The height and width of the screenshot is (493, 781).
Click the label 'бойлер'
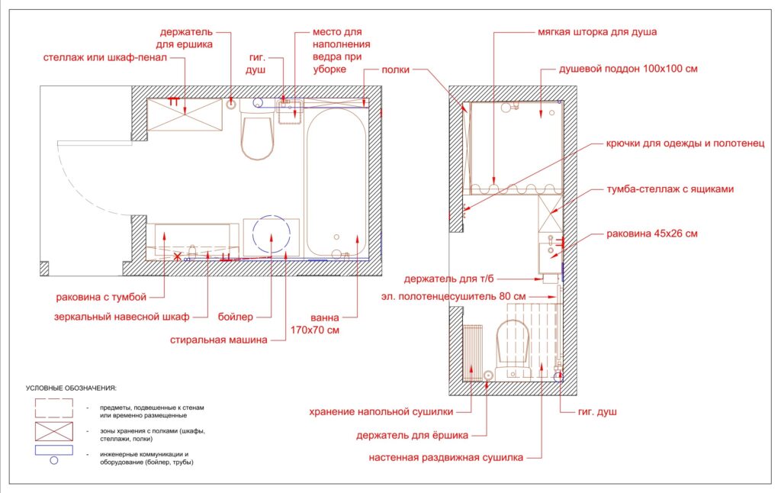pos(236,317)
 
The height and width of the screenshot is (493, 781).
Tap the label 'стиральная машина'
pos(219,340)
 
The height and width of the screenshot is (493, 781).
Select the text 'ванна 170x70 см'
pos(315,324)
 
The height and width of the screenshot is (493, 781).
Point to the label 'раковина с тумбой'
pos(101,298)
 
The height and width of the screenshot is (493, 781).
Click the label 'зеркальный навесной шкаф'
pos(122,317)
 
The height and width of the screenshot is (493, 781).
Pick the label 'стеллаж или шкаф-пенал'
pos(105,57)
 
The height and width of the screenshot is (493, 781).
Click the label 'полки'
pos(396,69)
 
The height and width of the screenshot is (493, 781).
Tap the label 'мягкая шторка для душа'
pos(597,32)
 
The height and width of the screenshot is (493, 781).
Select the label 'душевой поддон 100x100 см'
pos(628,69)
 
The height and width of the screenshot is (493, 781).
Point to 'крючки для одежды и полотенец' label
pos(685,143)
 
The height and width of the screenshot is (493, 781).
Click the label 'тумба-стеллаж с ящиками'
pos(670,189)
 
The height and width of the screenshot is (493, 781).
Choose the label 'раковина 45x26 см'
pos(651,234)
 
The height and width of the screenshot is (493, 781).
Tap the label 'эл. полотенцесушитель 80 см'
pos(453,297)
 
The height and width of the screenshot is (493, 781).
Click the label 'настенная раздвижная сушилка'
pos(445,458)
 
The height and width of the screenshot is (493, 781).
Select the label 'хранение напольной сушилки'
pos(381,412)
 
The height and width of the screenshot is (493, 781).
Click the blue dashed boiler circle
pos(272,215)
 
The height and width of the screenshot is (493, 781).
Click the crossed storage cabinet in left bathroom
pos(185,114)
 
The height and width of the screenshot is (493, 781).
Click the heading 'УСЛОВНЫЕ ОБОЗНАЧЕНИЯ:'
pos(71,388)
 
